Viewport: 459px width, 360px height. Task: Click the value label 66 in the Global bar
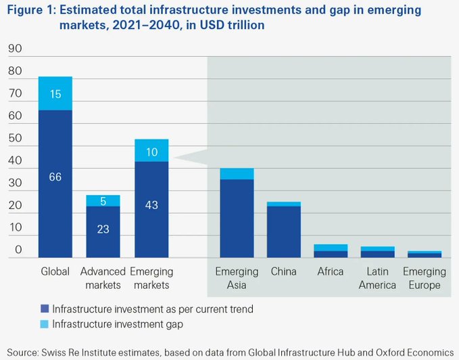pos(55,177)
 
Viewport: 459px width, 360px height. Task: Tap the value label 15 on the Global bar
pos(55,94)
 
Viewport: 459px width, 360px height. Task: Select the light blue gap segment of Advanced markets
pos(103,200)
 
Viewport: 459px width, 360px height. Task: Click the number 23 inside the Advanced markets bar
pos(103,229)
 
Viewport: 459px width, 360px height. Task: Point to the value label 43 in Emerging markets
pos(151,204)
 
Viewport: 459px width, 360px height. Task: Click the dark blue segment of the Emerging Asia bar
pos(236,217)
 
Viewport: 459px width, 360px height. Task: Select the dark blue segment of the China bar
pos(284,230)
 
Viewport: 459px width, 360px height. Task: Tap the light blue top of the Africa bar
pos(331,248)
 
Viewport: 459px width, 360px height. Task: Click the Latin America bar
pos(377,252)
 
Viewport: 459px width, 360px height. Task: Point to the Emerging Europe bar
pos(425,254)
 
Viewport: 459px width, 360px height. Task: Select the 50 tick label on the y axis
pos(14,139)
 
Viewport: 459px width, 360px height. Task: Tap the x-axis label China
pos(284,272)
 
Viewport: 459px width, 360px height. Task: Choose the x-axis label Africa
pos(331,272)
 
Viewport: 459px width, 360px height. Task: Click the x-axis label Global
pos(55,272)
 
